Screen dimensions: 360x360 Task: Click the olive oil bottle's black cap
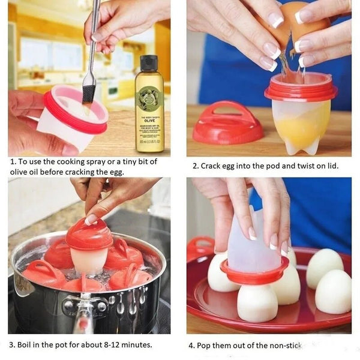(149, 62)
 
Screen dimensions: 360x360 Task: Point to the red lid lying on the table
(227, 124)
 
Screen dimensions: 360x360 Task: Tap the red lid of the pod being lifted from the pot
(89, 234)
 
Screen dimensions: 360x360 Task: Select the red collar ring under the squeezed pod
(254, 277)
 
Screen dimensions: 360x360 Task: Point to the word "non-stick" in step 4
(282, 346)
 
